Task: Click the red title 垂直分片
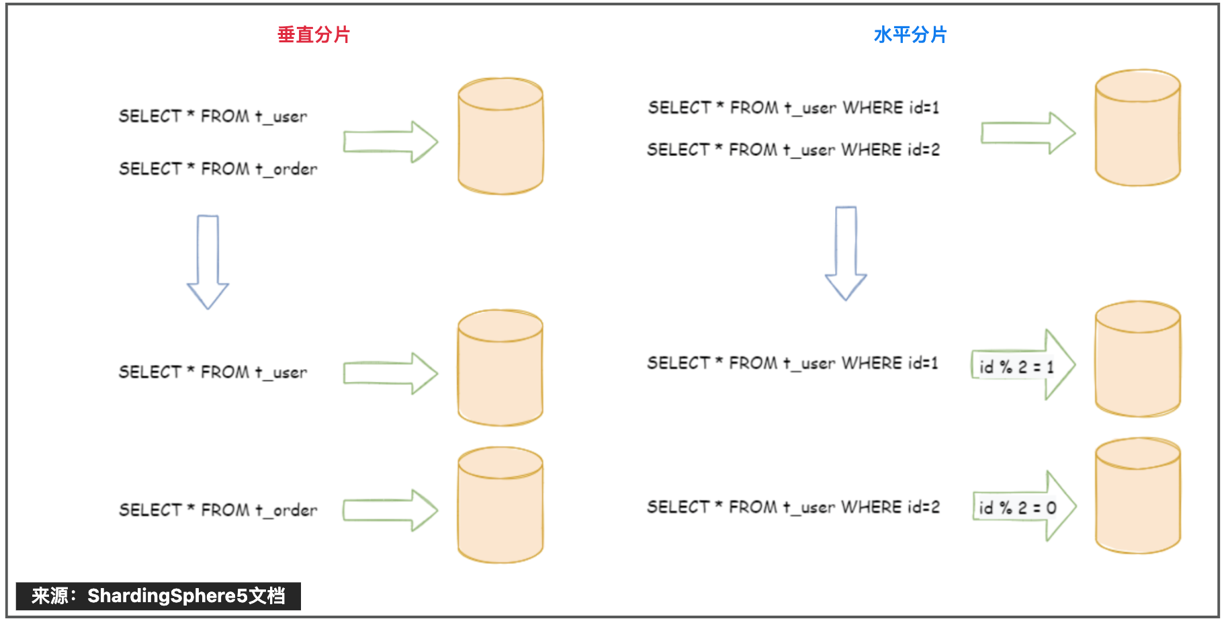point(314,34)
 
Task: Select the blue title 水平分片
point(910,34)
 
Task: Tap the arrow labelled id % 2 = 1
point(1023,365)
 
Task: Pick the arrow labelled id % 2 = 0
point(1024,506)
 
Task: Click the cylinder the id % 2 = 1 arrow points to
point(1138,359)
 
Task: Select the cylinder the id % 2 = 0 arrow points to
point(1138,496)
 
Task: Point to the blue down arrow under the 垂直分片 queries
point(208,262)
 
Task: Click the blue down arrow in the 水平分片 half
point(846,253)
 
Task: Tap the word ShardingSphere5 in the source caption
point(167,595)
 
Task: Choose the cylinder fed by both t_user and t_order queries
point(500,136)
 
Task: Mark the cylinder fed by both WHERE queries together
point(1138,128)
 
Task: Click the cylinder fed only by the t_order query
point(500,505)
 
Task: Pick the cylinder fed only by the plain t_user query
point(500,368)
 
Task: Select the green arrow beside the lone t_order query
point(390,510)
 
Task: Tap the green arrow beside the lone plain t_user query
point(390,373)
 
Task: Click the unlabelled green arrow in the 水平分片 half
point(1028,133)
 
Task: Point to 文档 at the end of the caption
point(267,595)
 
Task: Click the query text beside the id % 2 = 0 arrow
point(793,507)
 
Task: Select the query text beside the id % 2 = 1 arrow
point(793,363)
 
